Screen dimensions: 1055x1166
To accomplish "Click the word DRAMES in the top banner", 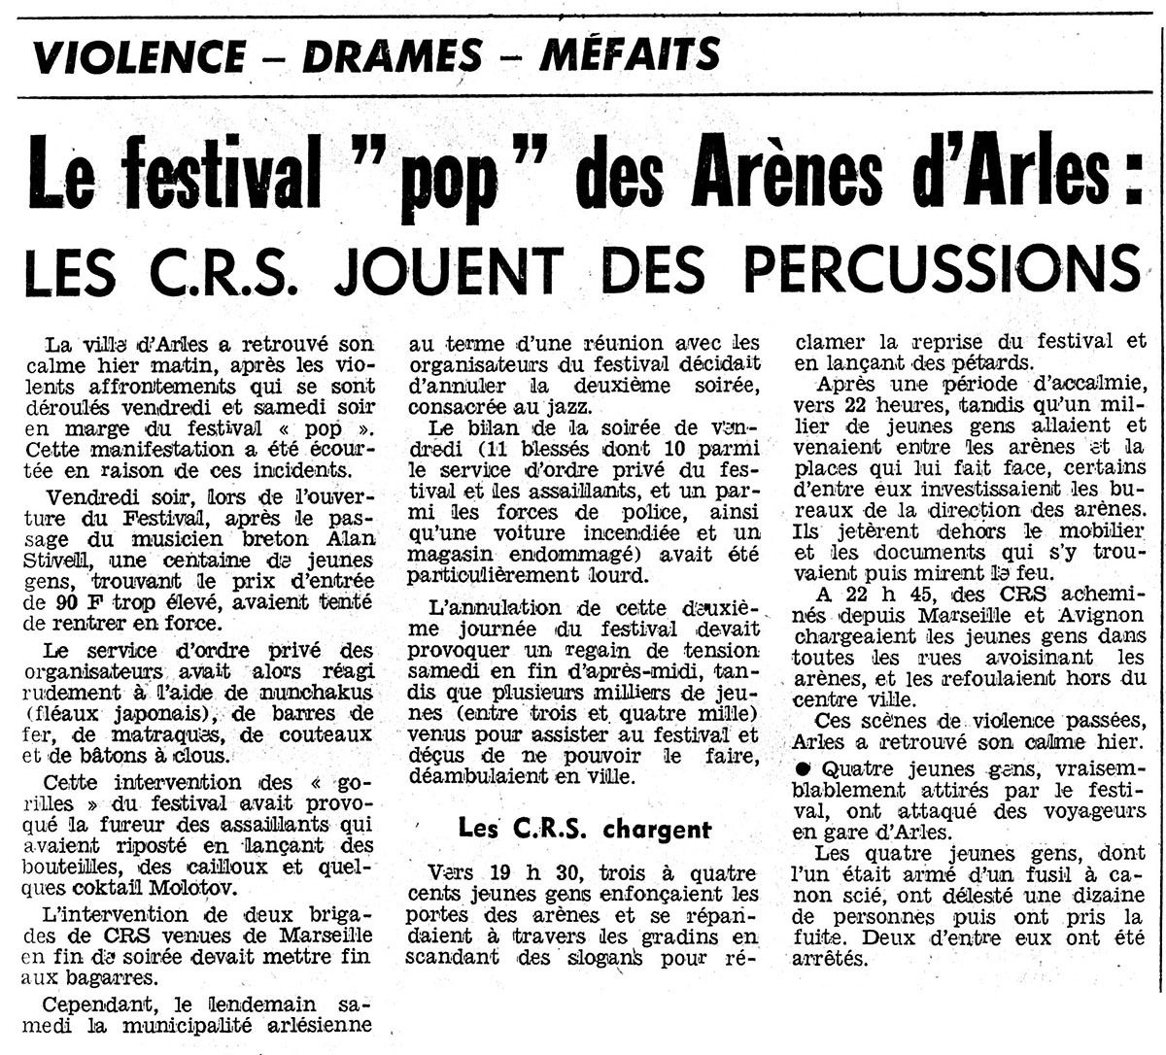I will click(x=392, y=55).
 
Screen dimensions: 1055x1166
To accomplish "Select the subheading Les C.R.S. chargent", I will click(x=585, y=829).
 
